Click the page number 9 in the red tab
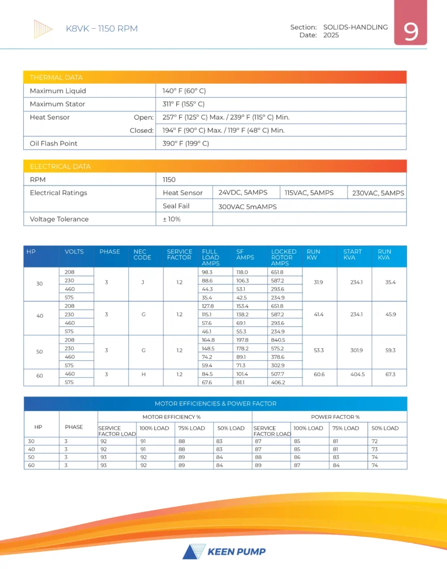411,32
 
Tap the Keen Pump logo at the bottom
224,551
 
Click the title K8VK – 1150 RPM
102,28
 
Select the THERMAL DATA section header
56,77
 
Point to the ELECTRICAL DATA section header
60,166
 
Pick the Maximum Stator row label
59,104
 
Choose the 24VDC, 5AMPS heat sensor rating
243,193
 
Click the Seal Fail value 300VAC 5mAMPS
248,206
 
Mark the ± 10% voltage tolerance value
172,219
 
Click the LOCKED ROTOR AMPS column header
284,257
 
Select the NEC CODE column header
142,254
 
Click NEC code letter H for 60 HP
144,374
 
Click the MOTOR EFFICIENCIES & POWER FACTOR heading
215,404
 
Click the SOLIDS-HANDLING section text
355,27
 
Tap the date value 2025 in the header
331,35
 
